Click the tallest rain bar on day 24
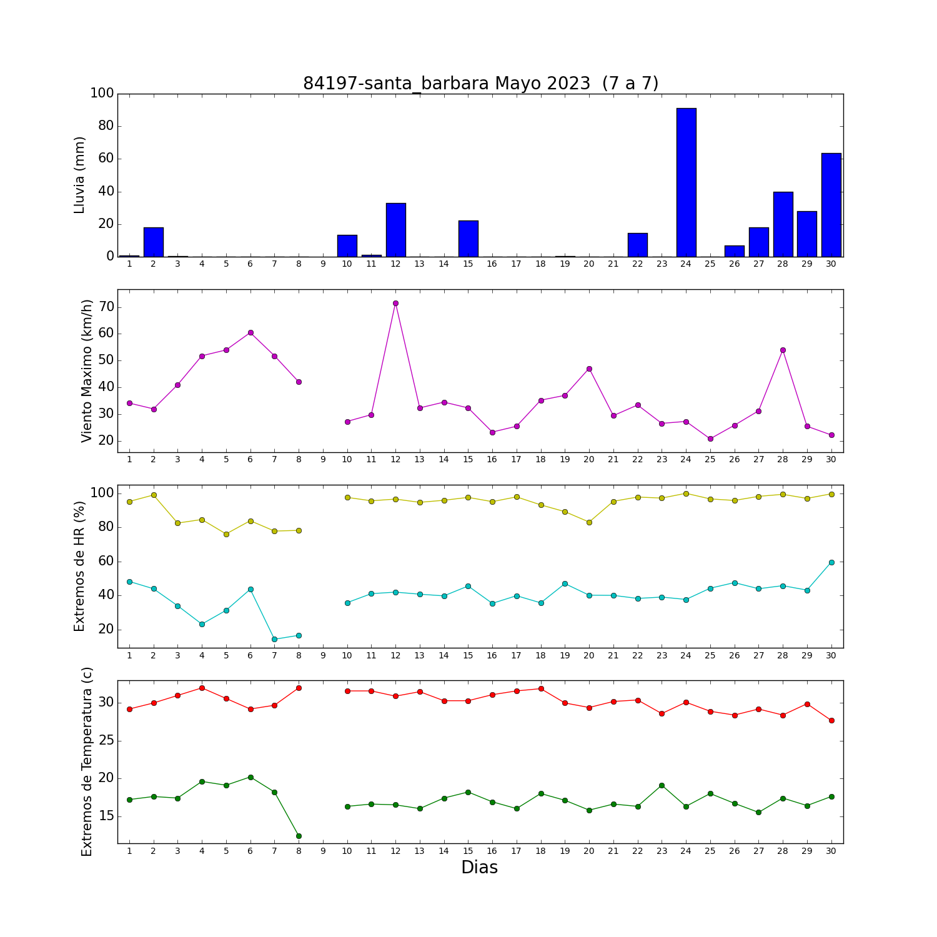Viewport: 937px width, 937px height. point(686,182)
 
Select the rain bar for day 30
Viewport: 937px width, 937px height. point(831,205)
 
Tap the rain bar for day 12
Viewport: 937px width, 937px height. point(395,230)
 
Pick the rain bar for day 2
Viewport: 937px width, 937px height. point(154,242)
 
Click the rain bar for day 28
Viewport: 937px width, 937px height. point(783,224)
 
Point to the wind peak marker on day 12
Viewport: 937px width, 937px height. point(395,304)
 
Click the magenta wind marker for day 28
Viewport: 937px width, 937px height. point(783,350)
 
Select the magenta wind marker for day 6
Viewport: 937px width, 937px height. point(250,332)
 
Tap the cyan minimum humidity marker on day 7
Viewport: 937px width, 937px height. point(274,639)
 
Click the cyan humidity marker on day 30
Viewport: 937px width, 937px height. point(831,562)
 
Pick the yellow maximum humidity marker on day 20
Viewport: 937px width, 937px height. point(589,522)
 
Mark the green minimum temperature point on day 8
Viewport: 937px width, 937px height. point(299,836)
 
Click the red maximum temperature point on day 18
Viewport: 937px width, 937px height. point(541,688)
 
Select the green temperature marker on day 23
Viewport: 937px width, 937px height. point(662,785)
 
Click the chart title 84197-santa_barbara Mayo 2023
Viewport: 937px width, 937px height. point(447,84)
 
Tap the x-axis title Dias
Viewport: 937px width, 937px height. point(480,867)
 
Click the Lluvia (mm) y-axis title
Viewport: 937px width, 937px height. point(79,175)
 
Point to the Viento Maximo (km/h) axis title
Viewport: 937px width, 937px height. point(87,371)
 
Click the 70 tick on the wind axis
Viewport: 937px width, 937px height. point(106,307)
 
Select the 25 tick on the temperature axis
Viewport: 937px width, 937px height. point(106,741)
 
